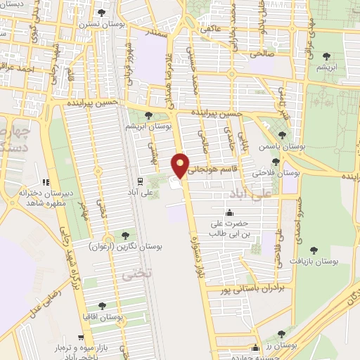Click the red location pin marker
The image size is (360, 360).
(x=181, y=165)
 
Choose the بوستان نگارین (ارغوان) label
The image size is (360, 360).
(x=117, y=247)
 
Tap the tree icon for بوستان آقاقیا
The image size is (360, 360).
(x=103, y=306)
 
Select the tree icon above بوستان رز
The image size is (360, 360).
(x=282, y=335)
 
